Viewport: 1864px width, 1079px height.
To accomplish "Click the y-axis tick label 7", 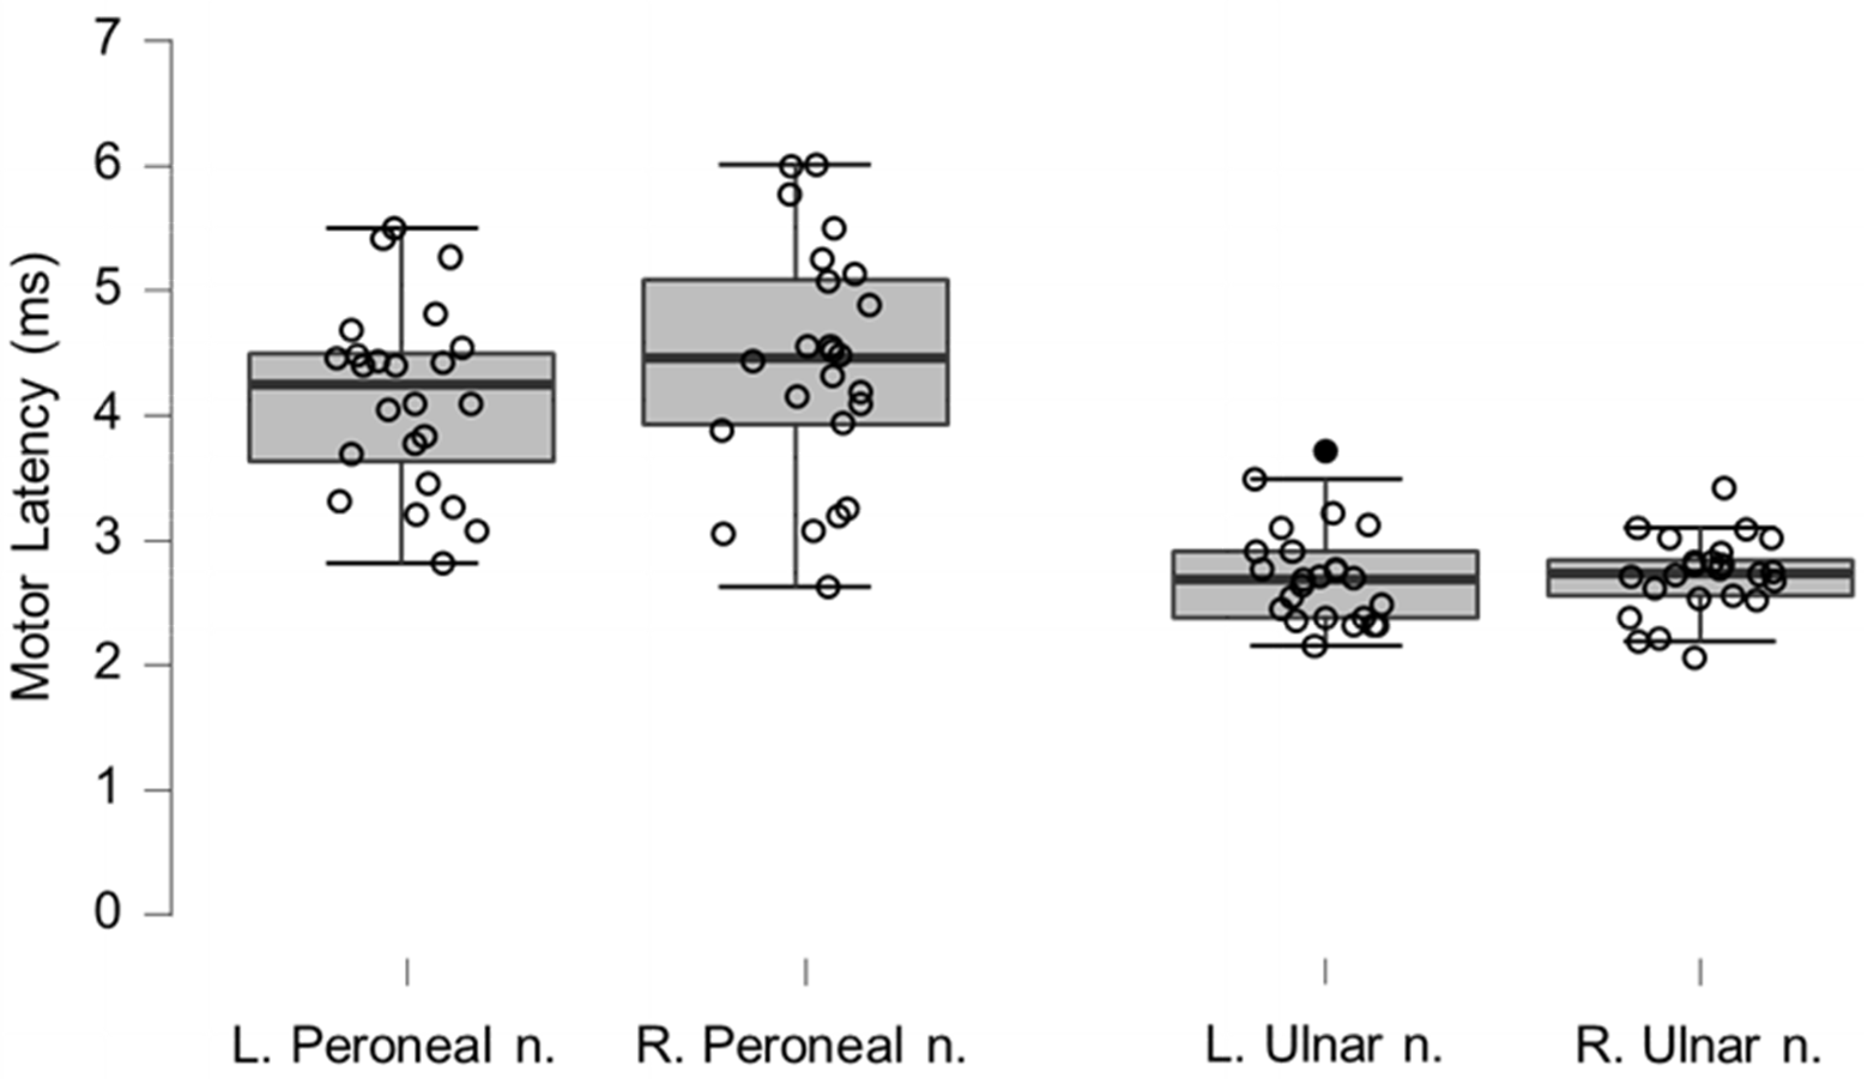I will coord(107,39).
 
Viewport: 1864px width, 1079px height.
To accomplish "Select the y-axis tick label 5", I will coord(107,289).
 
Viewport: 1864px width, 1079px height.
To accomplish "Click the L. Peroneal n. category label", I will coord(394,1045).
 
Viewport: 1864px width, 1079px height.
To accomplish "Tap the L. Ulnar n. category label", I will coord(1324,1045).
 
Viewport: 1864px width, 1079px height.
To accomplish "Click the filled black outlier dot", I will coord(1326,451).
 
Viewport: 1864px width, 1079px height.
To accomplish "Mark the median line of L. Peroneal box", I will coord(402,383).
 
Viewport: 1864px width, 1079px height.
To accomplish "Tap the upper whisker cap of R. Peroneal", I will coord(795,164).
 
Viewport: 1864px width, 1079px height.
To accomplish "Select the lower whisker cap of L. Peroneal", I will coord(402,563).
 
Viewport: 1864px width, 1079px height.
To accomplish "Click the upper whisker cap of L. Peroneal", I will coord(402,227).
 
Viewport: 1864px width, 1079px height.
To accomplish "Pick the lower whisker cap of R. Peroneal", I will coord(795,587).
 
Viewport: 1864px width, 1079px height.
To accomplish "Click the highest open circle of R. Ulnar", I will coord(1724,488).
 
